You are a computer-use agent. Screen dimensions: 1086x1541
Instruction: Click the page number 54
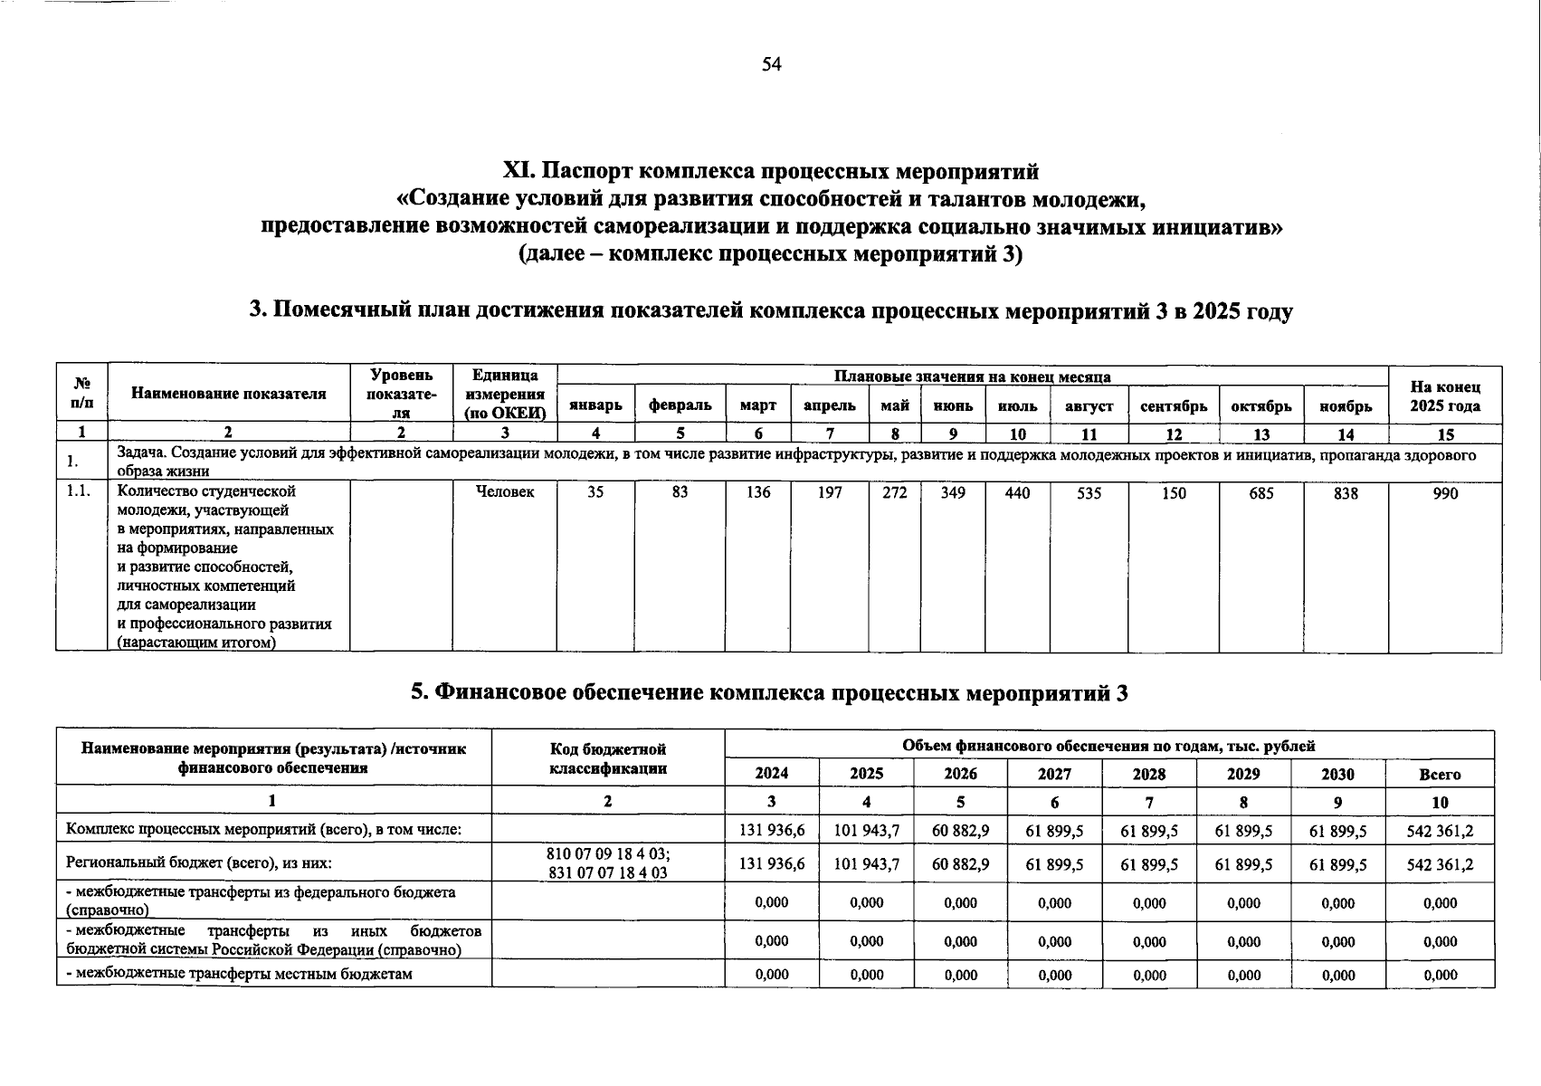coord(771,64)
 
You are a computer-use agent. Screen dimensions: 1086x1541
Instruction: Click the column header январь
coord(595,406)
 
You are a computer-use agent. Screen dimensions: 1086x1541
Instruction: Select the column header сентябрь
coord(1174,406)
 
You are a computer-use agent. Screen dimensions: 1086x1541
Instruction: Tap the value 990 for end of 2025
coord(1445,493)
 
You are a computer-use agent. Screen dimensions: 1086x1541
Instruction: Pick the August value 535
coord(1089,493)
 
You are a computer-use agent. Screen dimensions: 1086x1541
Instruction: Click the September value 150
coord(1174,493)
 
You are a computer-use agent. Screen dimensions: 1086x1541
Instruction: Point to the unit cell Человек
coord(504,491)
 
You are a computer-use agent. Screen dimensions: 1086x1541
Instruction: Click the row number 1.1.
coord(79,491)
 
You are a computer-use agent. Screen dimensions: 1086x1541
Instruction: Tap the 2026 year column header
coord(960,774)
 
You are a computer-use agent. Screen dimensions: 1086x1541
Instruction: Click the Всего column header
coord(1440,774)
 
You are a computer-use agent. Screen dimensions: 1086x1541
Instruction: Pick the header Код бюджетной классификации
coord(608,758)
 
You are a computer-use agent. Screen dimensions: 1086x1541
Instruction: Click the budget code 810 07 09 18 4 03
coord(608,853)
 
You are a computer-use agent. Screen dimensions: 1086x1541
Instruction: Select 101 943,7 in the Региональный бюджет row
coord(866,864)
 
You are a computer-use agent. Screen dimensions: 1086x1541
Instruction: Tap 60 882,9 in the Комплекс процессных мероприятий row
coord(960,830)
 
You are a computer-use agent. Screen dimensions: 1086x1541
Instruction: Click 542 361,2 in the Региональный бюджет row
coord(1440,864)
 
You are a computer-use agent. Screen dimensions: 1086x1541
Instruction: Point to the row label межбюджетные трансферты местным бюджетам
coord(240,974)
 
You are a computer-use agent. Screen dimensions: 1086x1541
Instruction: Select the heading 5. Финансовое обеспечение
coord(769,692)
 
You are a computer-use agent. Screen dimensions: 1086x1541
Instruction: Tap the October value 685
coord(1261,493)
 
